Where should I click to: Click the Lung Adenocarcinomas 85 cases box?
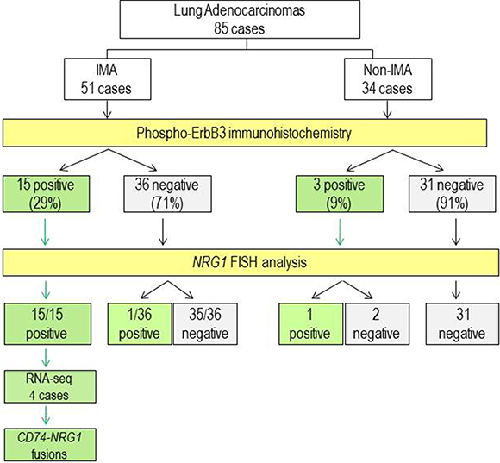(x=240, y=19)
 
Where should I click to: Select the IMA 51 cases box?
(x=108, y=79)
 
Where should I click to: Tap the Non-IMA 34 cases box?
(x=388, y=79)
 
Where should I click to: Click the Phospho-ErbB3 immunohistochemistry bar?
(x=245, y=133)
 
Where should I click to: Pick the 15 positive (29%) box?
(x=47, y=193)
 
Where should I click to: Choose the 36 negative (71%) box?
(x=167, y=193)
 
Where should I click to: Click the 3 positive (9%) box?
(x=340, y=193)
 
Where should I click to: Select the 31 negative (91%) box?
(x=453, y=193)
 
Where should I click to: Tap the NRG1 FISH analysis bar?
(x=251, y=262)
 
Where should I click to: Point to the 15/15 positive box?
(x=47, y=324)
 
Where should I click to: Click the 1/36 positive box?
(x=140, y=324)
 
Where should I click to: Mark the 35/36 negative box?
(x=205, y=324)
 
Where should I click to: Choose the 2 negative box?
(x=377, y=324)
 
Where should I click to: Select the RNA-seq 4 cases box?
(x=50, y=386)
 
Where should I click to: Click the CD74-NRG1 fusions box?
(x=50, y=445)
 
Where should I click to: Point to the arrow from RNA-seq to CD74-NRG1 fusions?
(x=46, y=416)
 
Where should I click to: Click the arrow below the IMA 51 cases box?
(x=108, y=109)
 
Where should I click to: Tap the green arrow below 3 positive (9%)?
(x=340, y=232)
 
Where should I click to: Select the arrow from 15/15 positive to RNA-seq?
(x=46, y=358)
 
